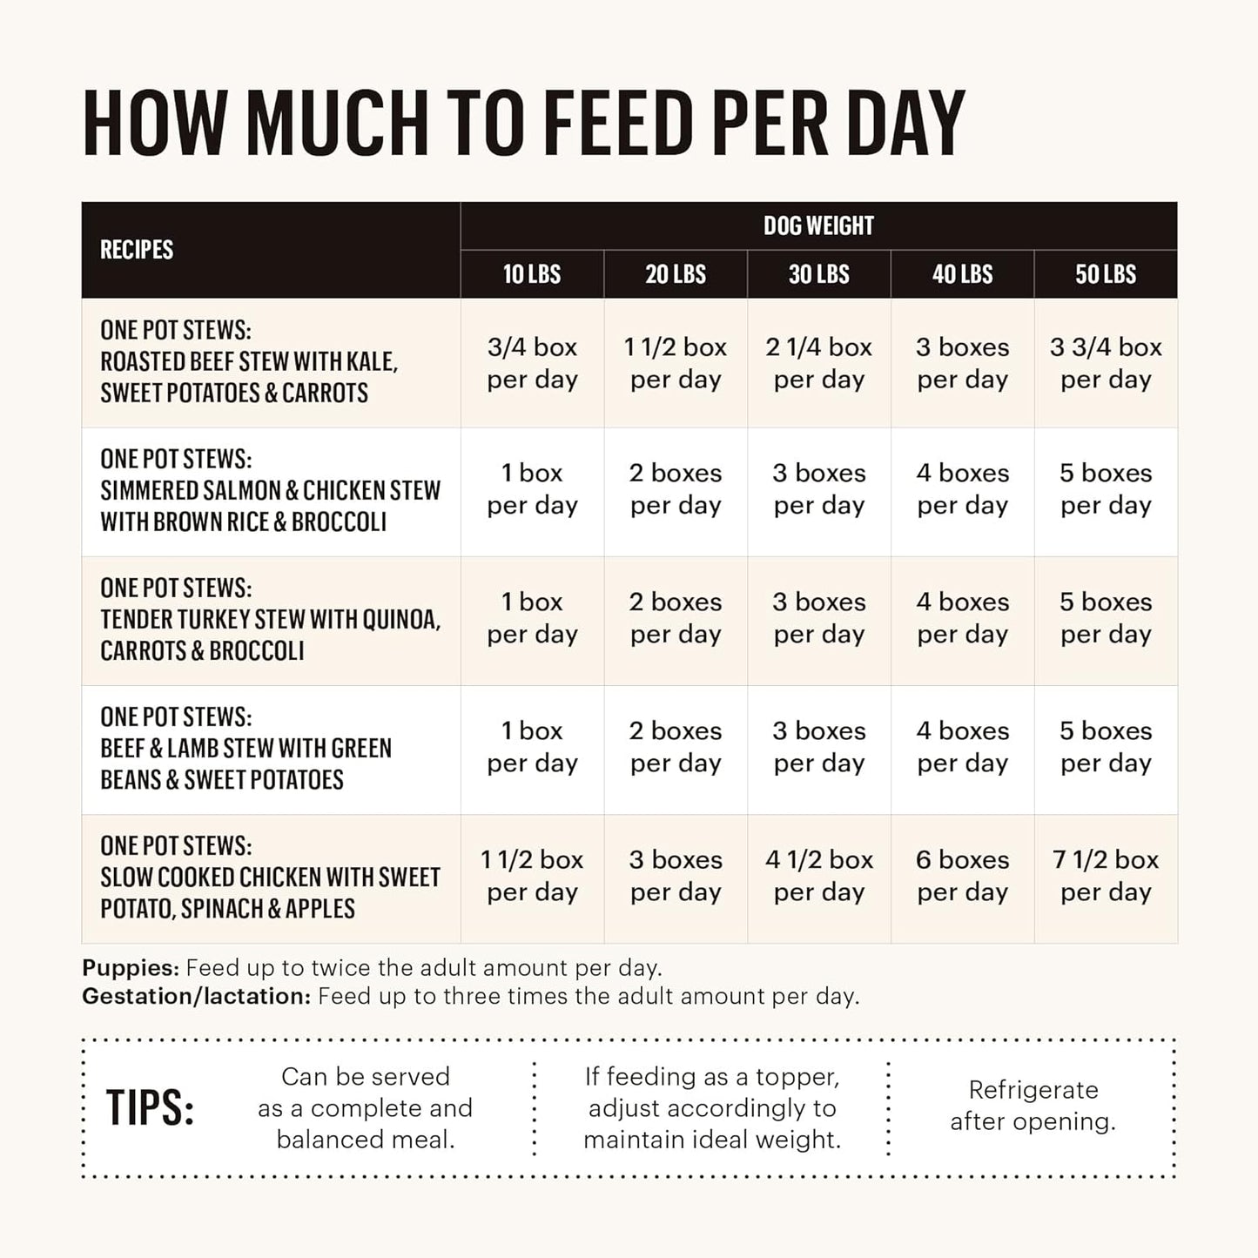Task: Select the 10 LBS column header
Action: pos(532,274)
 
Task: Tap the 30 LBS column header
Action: pos(818,274)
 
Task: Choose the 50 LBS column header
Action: pos(1106,274)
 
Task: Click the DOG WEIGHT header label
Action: pos(818,226)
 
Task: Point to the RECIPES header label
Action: pos(137,250)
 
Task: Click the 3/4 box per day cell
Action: pos(532,363)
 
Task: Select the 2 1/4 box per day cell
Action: pos(818,363)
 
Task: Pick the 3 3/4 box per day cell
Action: pos(1106,363)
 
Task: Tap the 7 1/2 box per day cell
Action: pos(1106,876)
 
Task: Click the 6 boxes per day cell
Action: pos(962,876)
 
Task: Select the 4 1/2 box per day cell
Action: pos(818,876)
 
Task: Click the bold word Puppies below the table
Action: pos(131,968)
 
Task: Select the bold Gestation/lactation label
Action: pos(196,996)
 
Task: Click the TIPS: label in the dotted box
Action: pos(150,1108)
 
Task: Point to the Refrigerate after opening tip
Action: pos(1033,1106)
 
